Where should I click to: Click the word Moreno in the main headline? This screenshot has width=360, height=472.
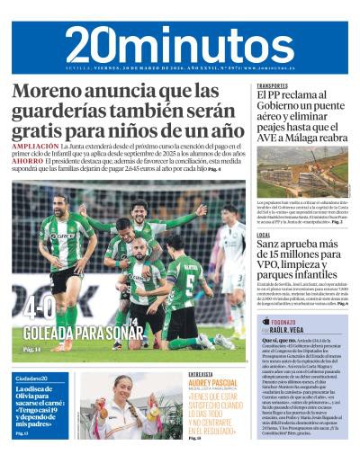point(51,92)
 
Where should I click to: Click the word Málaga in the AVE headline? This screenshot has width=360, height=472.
point(296,138)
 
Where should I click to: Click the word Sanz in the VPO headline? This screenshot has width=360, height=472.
point(271,244)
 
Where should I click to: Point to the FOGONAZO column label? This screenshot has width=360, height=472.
point(286,321)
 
